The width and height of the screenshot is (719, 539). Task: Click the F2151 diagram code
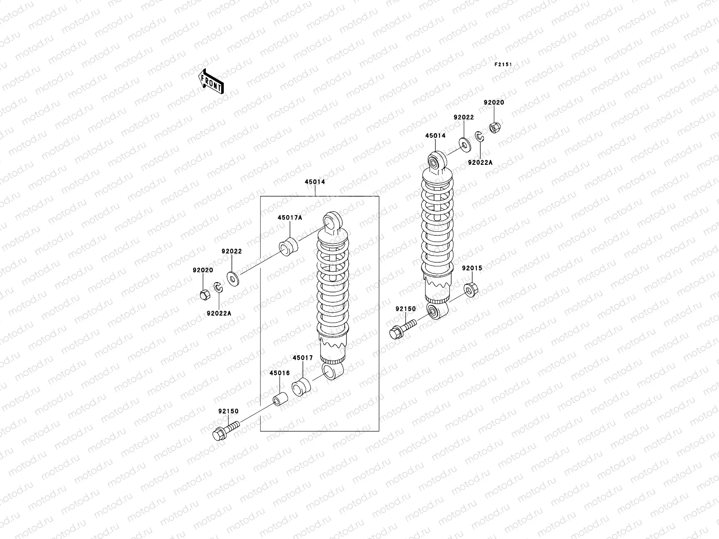[503, 65]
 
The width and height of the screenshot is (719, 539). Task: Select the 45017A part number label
[289, 217]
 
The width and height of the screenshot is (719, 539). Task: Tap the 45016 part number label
[280, 373]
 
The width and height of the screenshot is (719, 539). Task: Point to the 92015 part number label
[472, 268]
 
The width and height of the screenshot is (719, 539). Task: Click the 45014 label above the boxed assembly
[315, 182]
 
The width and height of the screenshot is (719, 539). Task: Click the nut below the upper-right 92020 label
[494, 128]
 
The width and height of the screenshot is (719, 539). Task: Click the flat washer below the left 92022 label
[233, 279]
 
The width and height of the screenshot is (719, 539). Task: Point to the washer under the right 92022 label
[464, 144]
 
